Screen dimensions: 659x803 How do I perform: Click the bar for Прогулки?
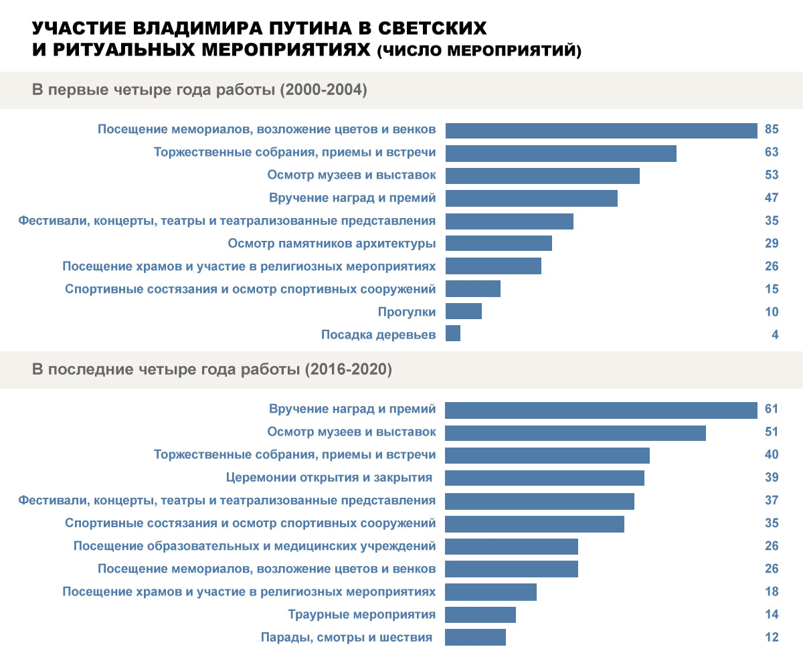[x=463, y=311]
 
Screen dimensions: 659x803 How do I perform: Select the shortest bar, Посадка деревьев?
[x=453, y=334]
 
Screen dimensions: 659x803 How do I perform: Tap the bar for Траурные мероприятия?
[x=480, y=614]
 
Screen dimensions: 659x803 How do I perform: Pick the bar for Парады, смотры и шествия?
[x=475, y=637]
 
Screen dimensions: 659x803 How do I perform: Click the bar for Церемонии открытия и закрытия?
[x=545, y=478]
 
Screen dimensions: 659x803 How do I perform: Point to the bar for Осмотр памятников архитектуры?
[x=499, y=243]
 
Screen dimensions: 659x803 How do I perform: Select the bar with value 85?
[x=601, y=130]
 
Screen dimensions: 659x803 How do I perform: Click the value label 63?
[x=772, y=153]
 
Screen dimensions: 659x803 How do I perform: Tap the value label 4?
[x=775, y=335]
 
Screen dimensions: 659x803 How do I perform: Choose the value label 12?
[x=772, y=637]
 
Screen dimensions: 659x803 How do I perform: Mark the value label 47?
[x=772, y=198]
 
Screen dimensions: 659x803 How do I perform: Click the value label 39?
[x=772, y=478]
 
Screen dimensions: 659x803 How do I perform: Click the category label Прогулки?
[x=406, y=312]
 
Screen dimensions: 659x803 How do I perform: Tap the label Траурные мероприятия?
[x=361, y=614]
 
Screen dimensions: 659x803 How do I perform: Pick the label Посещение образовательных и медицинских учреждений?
[x=254, y=546]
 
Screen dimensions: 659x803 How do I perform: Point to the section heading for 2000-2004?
[x=199, y=90]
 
